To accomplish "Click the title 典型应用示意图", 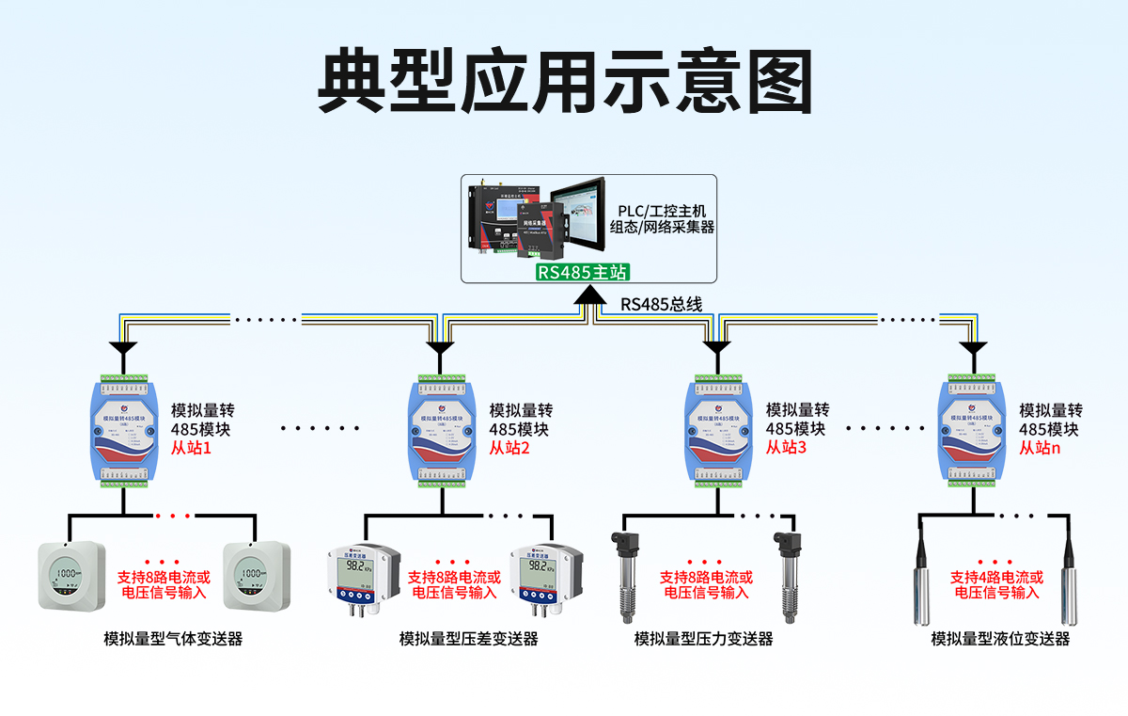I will [x=563, y=82].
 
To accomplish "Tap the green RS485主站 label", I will [x=582, y=273].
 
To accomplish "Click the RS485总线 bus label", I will [x=661, y=305].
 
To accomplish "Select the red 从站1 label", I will [x=191, y=449].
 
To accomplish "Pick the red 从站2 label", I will [x=509, y=449].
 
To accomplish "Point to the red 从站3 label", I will [x=786, y=449].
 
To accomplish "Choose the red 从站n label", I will [x=1040, y=449].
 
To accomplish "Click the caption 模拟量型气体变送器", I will [x=173, y=639].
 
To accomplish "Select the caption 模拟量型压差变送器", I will [x=468, y=639].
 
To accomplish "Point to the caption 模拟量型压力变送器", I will [x=703, y=639].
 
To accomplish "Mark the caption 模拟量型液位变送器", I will [x=1000, y=639].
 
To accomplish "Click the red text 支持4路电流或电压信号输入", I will [x=996, y=585].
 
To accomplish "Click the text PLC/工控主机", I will [x=662, y=210].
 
